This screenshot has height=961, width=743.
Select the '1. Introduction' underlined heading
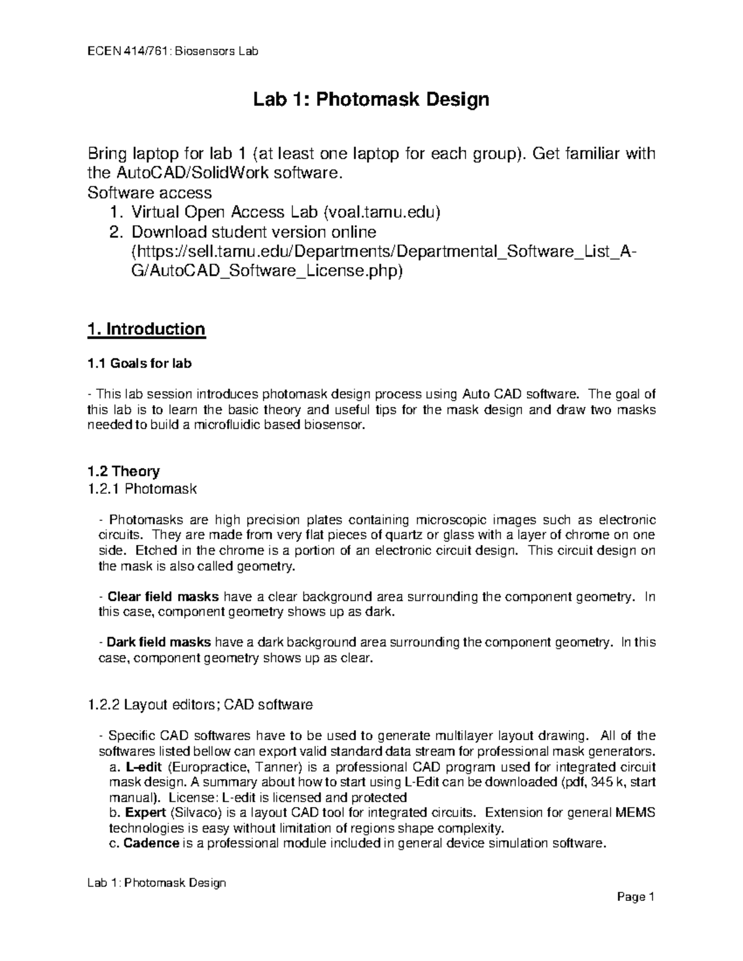click(x=146, y=329)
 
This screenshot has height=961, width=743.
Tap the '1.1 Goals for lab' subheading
click(x=140, y=364)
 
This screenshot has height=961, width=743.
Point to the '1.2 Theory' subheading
click(x=124, y=472)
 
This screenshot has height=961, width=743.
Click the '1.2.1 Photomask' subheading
click(x=143, y=489)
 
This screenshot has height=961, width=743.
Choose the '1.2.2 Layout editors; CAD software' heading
click(x=201, y=705)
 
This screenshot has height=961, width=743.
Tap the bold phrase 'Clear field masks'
click(x=163, y=597)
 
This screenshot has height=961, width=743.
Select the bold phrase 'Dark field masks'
click(x=159, y=643)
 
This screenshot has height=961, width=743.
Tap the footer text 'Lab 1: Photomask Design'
click(x=156, y=883)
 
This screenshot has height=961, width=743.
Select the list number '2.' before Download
click(x=116, y=233)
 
